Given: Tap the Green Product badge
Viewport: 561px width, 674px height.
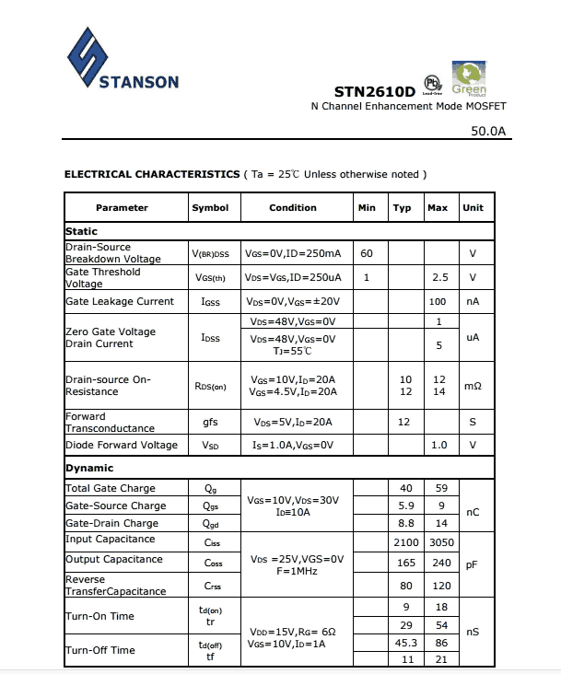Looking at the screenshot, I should tap(470, 78).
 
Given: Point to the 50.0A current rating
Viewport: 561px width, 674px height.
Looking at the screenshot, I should tap(488, 131).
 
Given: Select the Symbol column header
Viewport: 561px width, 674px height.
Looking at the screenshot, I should tap(210, 208).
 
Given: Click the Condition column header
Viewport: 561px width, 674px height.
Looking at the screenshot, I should tap(293, 208).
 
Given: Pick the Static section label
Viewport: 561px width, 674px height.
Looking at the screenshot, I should tap(82, 231).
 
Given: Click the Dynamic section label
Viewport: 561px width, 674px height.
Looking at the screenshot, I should tap(89, 469).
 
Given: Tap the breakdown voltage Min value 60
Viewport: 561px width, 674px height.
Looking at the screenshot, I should tap(367, 253).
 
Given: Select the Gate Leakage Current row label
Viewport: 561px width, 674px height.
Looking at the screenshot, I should tap(120, 302).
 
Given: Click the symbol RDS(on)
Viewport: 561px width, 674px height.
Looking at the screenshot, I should tap(209, 386).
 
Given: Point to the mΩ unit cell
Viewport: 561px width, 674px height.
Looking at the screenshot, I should tap(473, 386).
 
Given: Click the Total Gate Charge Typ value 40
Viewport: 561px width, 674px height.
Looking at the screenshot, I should tap(406, 488).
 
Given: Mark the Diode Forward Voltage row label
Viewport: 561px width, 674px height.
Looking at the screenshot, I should tap(122, 446).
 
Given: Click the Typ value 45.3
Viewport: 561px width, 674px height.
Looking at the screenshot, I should tap(406, 643).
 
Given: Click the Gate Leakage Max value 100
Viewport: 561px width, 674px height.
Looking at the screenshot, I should tap(438, 302).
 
